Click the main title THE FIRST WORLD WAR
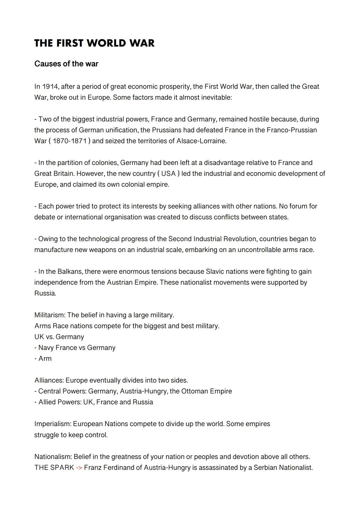[x=94, y=43]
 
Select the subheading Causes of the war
[x=66, y=64]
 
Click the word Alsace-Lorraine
[x=201, y=141]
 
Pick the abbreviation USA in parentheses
[x=168, y=174]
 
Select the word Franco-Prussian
[x=292, y=130]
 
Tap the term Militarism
[x=49, y=315]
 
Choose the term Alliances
[x=49, y=380]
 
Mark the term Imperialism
[x=52, y=424]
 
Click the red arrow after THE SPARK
[x=79, y=468]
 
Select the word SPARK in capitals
[x=62, y=468]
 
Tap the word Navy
[x=46, y=348]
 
